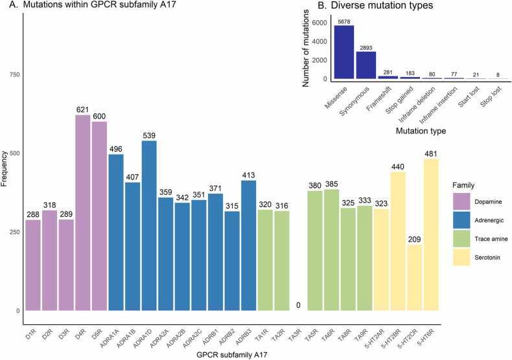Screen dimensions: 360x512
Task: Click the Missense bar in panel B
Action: click(344, 52)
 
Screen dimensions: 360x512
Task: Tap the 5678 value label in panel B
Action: click(344, 21)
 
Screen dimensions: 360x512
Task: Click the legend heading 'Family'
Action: click(461, 185)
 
